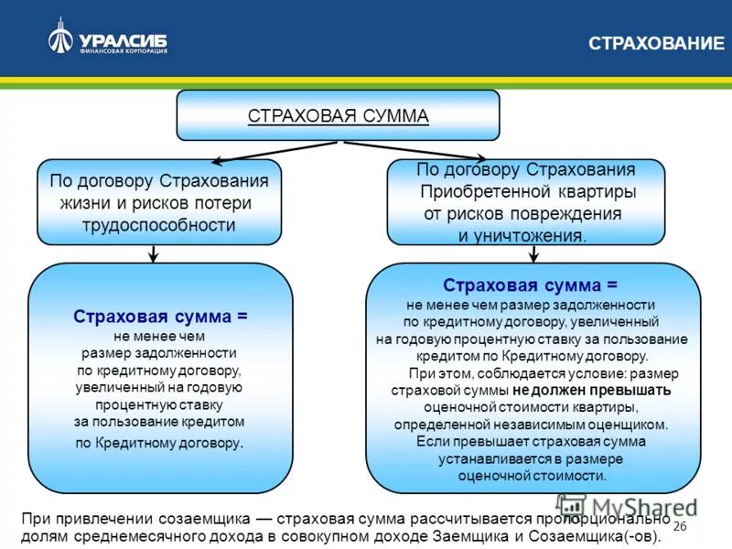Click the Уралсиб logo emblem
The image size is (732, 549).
[x=61, y=36]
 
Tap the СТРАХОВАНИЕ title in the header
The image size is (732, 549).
[x=654, y=43]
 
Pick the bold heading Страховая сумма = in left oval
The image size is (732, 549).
[x=160, y=316]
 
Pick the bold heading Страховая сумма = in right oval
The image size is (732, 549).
[x=531, y=285]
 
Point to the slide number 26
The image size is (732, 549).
[x=679, y=527]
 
